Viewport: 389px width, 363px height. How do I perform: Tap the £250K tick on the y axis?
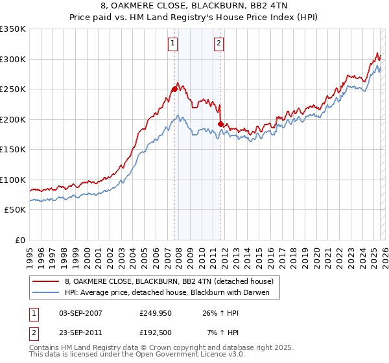[13, 89]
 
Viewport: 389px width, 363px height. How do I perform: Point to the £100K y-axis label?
[13, 180]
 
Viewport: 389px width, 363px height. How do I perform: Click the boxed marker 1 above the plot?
[173, 43]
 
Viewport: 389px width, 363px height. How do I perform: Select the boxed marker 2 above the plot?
[218, 43]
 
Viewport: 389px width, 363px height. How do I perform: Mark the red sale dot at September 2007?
[174, 89]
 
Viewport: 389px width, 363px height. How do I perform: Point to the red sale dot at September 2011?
[220, 124]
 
